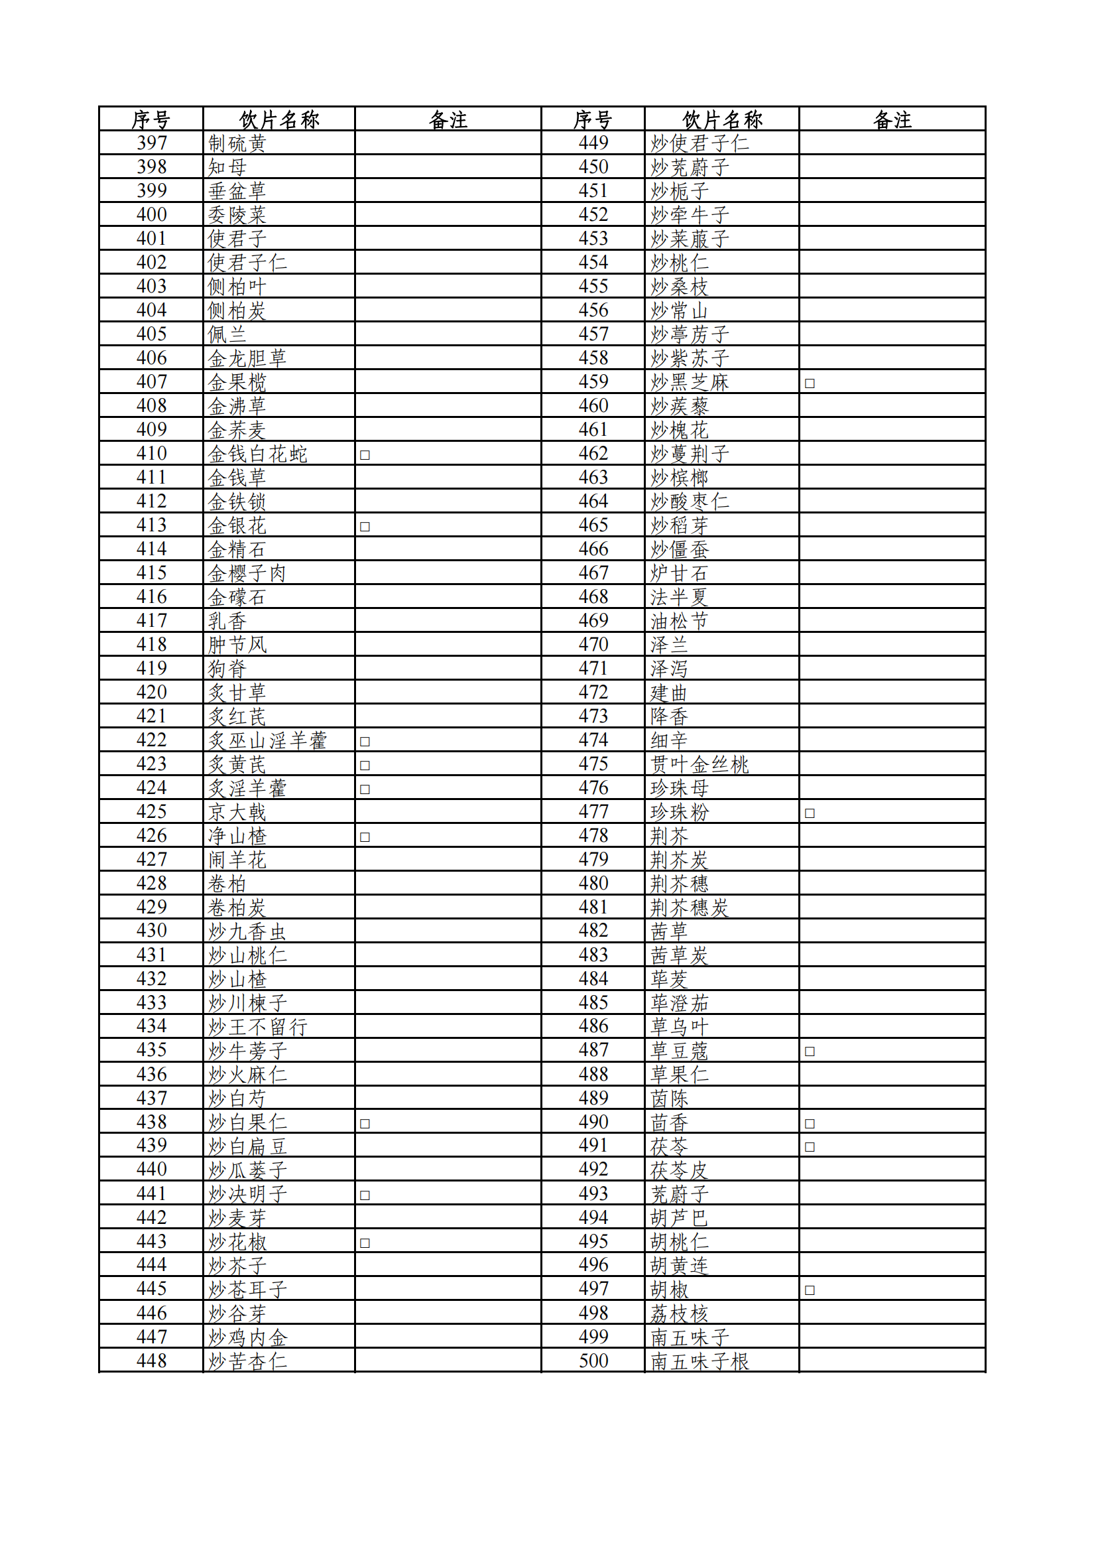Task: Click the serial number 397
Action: click(151, 143)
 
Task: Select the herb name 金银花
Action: click(237, 525)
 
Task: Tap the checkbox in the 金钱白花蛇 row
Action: click(365, 454)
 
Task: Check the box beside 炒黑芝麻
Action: click(810, 383)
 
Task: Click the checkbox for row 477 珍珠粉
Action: click(810, 813)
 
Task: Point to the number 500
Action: click(593, 1361)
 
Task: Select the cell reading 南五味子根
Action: click(700, 1361)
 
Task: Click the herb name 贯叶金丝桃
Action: click(700, 765)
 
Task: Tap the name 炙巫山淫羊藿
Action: click(267, 740)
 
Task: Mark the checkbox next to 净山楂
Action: click(365, 837)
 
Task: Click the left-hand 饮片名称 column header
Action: click(279, 119)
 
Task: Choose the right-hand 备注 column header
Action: click(892, 119)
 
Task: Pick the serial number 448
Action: click(151, 1361)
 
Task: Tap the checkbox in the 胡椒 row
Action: click(810, 1290)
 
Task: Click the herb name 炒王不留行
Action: click(258, 1027)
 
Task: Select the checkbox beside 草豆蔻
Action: click(810, 1051)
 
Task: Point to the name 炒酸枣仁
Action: click(690, 502)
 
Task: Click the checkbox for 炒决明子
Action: click(365, 1194)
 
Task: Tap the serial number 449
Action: click(593, 143)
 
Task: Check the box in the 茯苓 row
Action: click(810, 1146)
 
